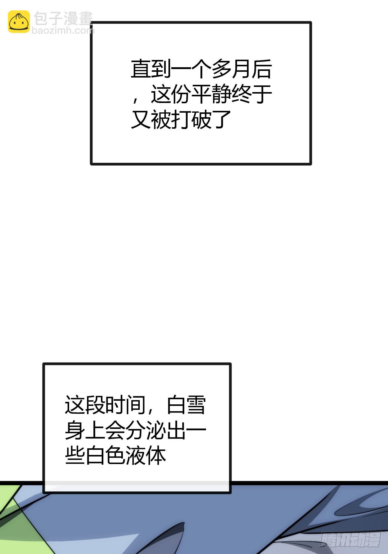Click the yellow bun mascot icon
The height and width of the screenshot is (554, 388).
click(x=19, y=22)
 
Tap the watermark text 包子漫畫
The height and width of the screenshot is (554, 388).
click(x=63, y=19)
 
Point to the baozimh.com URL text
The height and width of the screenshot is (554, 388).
click(x=63, y=30)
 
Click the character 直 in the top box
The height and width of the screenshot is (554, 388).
click(x=141, y=69)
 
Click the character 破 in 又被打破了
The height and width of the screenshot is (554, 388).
click(x=201, y=120)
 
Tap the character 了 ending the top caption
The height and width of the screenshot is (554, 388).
click(x=221, y=120)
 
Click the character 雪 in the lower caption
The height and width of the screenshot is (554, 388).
click(x=196, y=405)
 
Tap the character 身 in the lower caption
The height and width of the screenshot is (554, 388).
click(x=75, y=430)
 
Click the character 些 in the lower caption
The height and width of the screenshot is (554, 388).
click(x=75, y=455)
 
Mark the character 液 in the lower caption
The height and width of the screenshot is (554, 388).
click(x=135, y=455)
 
